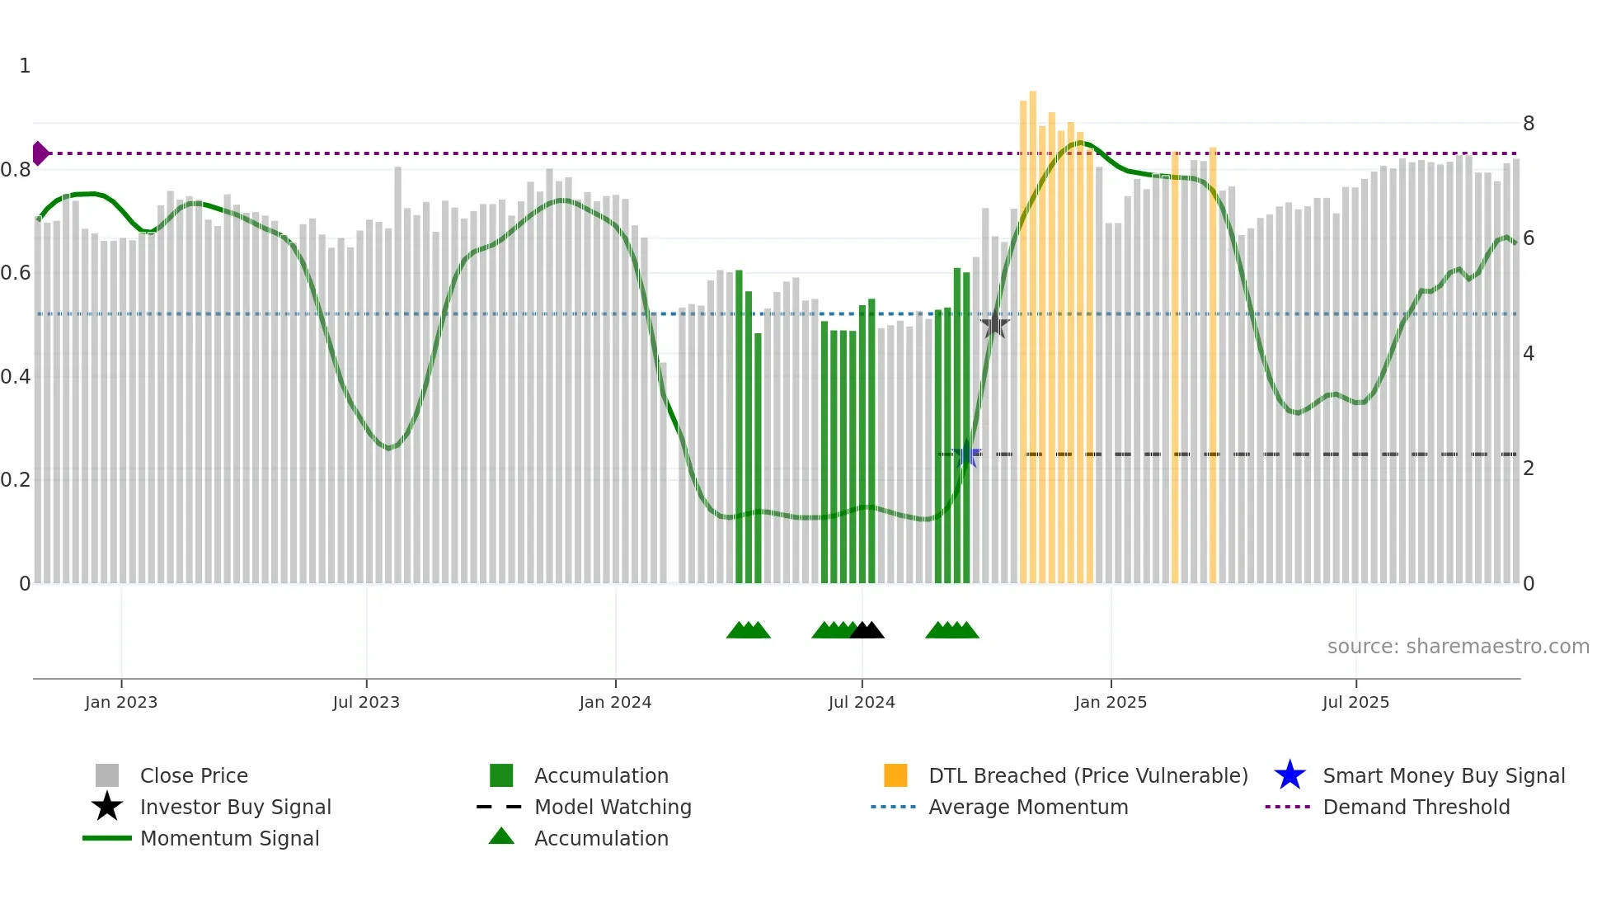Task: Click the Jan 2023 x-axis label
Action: (121, 702)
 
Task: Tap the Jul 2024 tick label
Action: (862, 702)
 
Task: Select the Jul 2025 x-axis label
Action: (1355, 702)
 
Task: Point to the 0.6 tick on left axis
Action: (16, 273)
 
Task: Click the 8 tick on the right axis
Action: (1529, 124)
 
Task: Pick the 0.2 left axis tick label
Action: (16, 480)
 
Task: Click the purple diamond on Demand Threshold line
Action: (40, 153)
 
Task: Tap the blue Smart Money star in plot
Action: (966, 454)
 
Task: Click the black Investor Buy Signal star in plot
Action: (995, 324)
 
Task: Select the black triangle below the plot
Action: (867, 631)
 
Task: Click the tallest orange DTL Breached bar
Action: (1032, 330)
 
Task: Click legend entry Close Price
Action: (194, 775)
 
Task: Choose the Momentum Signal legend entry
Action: (229, 838)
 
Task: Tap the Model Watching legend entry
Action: (613, 807)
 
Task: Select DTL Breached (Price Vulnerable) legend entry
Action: (1088, 775)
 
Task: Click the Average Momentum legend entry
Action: (1028, 807)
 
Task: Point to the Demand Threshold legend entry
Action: (1416, 807)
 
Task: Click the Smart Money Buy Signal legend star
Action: (1290, 775)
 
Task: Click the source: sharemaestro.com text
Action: (1458, 647)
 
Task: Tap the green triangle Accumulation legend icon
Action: (501, 837)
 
